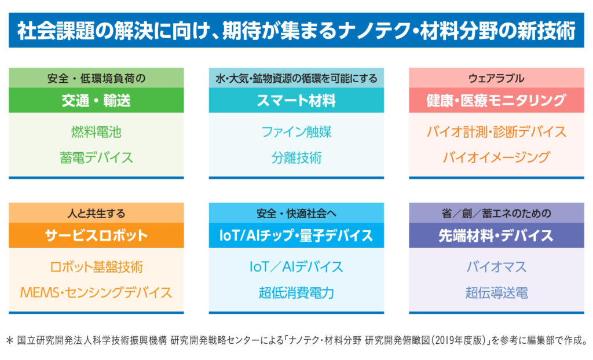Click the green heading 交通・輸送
(96, 101)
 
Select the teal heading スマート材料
(296, 101)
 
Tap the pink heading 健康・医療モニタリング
(496, 101)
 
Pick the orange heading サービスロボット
(96, 236)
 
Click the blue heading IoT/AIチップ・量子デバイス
(296, 236)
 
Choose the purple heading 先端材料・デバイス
(496, 236)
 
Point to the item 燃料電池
(96, 132)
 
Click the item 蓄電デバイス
(96, 157)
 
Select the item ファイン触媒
(296, 132)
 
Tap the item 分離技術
(296, 157)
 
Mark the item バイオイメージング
(496, 157)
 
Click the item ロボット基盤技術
(96, 267)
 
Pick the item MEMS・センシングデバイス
(96, 292)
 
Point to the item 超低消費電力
(296, 292)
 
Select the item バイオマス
(496, 267)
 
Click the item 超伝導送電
(496, 292)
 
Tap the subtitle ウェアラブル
(496, 78)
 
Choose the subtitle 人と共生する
(96, 213)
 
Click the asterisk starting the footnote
(10, 340)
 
